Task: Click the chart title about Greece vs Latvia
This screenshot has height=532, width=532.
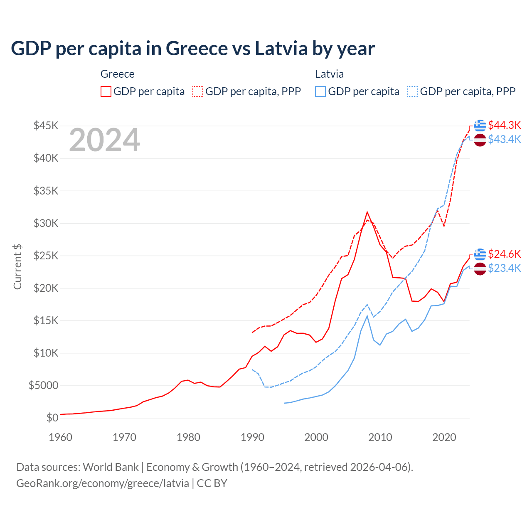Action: click(193, 49)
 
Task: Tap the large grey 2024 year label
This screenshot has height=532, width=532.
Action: click(104, 140)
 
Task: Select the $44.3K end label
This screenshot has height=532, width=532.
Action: click(504, 125)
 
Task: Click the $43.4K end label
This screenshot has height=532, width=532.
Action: click(504, 139)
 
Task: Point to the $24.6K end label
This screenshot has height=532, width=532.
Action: click(504, 254)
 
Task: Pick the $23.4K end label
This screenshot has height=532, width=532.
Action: click(504, 268)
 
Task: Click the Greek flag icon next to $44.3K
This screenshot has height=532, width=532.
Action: click(480, 125)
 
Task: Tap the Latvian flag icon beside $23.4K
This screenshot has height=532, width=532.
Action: click(480, 268)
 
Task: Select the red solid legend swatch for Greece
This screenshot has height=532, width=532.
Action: click(106, 91)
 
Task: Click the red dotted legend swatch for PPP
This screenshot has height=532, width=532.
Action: click(198, 91)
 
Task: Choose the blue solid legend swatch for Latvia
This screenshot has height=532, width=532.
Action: click(320, 91)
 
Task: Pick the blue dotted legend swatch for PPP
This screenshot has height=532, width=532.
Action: click(413, 91)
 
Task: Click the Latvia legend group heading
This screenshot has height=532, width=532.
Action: click(329, 74)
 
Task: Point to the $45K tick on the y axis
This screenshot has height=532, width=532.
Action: click(46, 126)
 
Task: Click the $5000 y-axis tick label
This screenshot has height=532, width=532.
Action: click(43, 385)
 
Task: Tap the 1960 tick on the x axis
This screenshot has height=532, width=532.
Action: click(60, 437)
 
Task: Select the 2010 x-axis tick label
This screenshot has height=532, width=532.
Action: click(380, 437)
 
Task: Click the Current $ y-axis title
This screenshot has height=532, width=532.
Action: click(17, 267)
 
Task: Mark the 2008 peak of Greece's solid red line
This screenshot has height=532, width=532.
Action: click(367, 212)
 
